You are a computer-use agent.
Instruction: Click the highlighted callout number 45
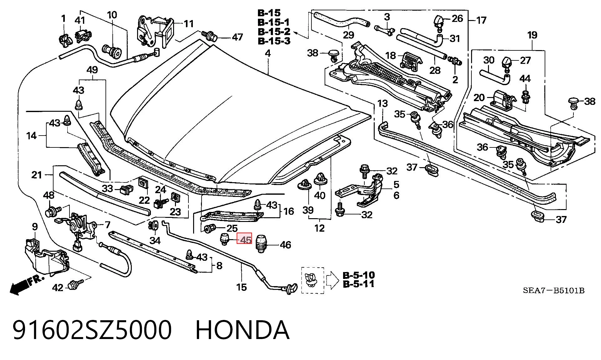pos(245,240)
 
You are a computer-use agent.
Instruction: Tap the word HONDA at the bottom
pos(243,330)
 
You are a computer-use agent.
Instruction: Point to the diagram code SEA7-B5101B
pos(554,291)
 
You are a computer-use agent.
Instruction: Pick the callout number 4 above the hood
pos(268,53)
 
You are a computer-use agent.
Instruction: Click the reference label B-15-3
pos(274,41)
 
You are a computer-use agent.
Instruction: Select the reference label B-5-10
pos(359,275)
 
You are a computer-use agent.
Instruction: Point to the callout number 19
pos(532,35)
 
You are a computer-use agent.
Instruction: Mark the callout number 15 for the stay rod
pos(242,287)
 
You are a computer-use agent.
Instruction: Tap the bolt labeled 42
pos(77,285)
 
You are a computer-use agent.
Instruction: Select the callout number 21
pos(37,175)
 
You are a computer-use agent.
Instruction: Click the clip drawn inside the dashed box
pos(311,280)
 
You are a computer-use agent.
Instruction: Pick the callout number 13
pos(383,103)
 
